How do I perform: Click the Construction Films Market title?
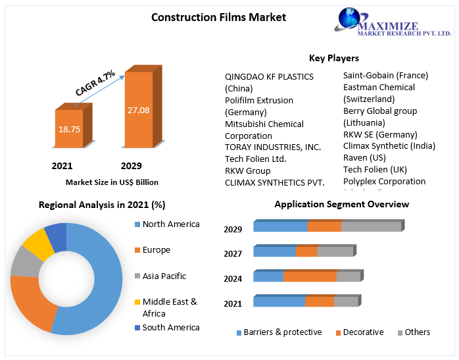(218, 17)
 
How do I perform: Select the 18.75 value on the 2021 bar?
(69, 130)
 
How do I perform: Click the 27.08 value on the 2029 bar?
(139, 110)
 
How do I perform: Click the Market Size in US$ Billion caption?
(112, 182)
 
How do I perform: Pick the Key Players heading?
(333, 58)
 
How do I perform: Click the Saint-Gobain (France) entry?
(385, 76)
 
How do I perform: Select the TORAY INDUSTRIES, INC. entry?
(273, 147)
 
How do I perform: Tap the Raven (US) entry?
(364, 158)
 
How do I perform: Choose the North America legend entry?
(170, 224)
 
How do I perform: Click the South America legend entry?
(170, 327)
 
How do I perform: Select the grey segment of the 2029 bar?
(371, 226)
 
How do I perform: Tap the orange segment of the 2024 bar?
(310, 276)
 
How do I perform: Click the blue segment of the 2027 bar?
(274, 251)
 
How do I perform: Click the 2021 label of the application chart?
(233, 303)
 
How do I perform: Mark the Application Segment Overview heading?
(341, 205)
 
